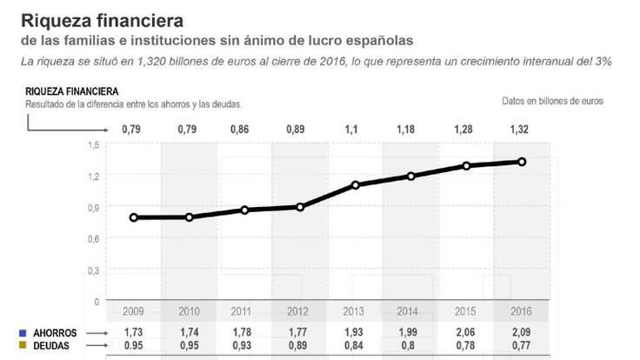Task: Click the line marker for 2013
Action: coord(355,185)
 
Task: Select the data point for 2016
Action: coord(522,161)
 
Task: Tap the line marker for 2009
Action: coord(133,217)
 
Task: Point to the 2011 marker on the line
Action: coord(244,210)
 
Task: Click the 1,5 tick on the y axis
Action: coord(93,144)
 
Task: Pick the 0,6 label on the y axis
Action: coord(93,238)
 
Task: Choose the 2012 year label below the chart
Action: coord(298,310)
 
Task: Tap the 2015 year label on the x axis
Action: coord(466,310)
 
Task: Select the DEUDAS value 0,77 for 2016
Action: coord(521,345)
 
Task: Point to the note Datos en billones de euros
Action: coord(552,101)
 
